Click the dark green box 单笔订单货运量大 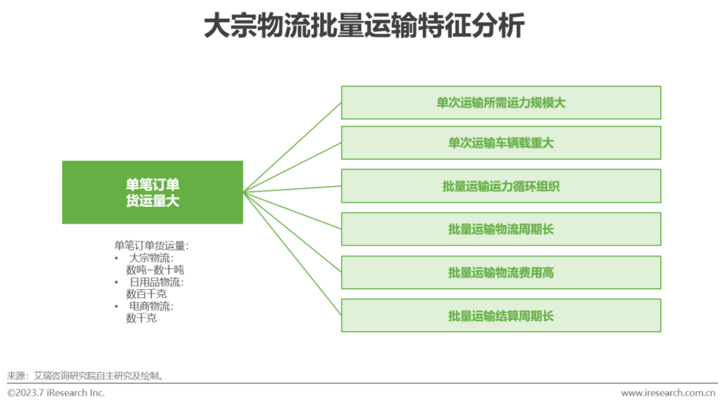(153, 192)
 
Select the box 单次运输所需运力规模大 (501, 102)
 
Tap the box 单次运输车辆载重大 (501, 143)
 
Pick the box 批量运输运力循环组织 (501, 186)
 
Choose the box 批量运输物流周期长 (501, 229)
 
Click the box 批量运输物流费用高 (501, 272)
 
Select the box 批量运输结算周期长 (501, 315)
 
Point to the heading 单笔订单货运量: (151, 245)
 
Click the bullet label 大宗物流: (151, 258)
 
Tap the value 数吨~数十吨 (155, 270)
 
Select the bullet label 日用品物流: (156, 282)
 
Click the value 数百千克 (146, 294)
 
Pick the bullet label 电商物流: (151, 306)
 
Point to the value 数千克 (141, 318)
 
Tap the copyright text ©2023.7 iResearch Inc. (56, 393)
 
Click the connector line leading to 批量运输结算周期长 (293, 254)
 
